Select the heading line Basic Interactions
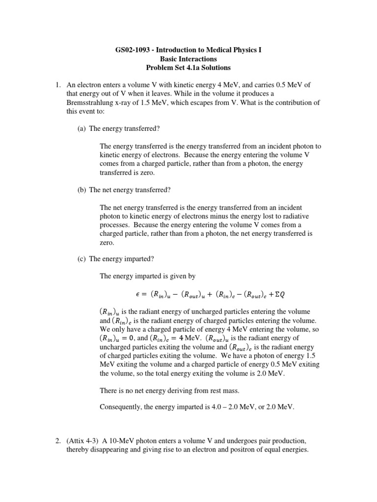(x=189, y=59)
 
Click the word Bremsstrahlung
(x=93, y=103)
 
